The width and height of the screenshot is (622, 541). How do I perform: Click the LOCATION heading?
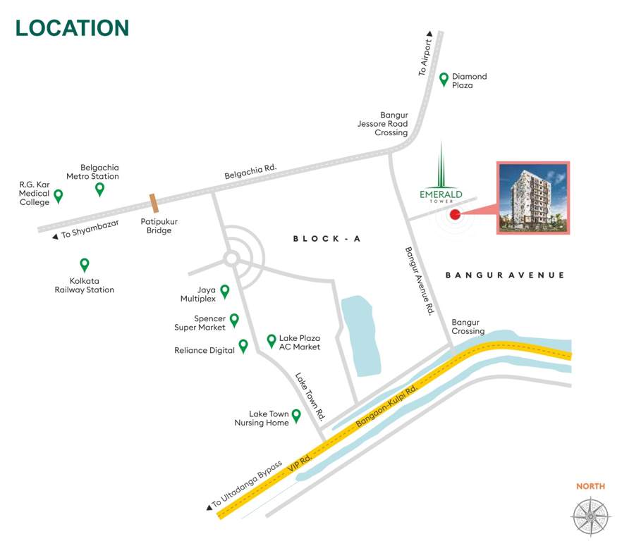72,27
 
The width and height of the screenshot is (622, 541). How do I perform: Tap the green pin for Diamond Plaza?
444,80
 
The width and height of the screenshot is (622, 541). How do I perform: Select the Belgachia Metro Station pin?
100,189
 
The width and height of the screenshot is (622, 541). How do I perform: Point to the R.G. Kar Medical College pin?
59,195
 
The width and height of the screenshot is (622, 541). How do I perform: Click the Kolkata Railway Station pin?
85,265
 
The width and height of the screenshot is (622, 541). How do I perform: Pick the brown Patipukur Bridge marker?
154,203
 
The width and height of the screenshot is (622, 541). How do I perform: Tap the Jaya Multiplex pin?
225,290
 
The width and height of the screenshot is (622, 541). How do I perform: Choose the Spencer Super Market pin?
234,320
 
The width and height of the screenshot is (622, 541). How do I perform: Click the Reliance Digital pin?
243,345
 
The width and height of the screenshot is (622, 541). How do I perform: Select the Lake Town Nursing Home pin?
296,416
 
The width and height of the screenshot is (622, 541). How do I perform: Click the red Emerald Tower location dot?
455,215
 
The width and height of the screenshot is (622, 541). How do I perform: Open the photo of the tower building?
534,198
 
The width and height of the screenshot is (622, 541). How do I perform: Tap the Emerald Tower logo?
441,179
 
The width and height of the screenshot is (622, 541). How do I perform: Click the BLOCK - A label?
327,240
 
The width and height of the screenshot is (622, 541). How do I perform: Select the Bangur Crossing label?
468,326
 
